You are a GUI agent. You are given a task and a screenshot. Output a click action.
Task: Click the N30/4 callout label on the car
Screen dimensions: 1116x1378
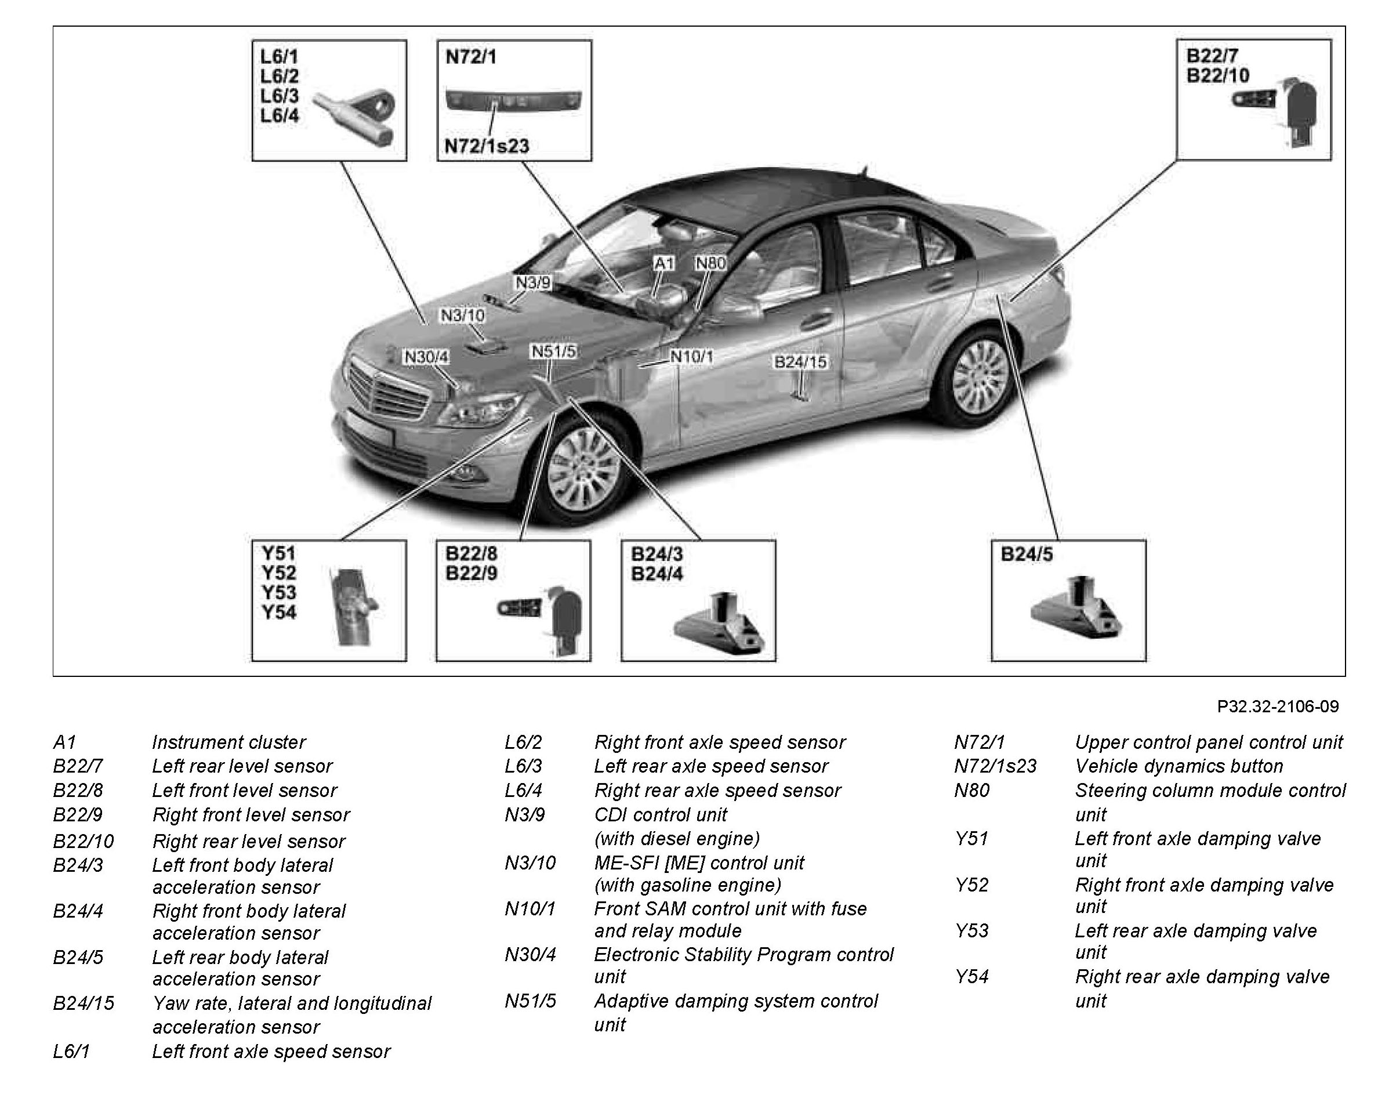coord(426,357)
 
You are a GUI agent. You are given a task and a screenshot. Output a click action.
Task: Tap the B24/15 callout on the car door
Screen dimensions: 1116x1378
coord(800,362)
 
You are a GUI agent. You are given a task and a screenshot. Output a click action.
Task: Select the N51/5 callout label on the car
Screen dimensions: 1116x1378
coord(553,352)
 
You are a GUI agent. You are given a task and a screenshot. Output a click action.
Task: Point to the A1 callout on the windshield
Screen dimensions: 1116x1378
coord(664,263)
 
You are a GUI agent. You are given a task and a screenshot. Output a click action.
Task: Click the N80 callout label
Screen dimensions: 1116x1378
coord(710,263)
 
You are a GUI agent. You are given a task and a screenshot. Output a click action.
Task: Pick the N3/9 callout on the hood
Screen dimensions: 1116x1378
coord(533,283)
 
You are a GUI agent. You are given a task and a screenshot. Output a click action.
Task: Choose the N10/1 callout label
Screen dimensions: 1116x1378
coord(691,357)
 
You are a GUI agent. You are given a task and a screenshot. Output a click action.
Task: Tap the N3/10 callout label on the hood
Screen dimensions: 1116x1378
coord(462,316)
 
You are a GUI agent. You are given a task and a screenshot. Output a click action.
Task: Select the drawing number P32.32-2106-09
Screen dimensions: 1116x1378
coord(1278,706)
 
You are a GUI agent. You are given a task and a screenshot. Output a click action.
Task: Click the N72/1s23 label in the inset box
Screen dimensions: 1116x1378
coord(487,146)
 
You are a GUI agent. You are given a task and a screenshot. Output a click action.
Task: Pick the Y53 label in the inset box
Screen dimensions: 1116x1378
coord(278,592)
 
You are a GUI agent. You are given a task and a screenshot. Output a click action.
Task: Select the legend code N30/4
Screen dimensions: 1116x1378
coord(530,955)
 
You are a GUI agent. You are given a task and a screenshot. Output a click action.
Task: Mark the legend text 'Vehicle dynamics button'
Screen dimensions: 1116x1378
coord(1178,766)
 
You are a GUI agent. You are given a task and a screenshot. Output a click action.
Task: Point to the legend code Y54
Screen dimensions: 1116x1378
coord(972,977)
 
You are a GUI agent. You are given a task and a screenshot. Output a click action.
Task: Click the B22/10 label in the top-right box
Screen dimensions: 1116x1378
coord(1217,76)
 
